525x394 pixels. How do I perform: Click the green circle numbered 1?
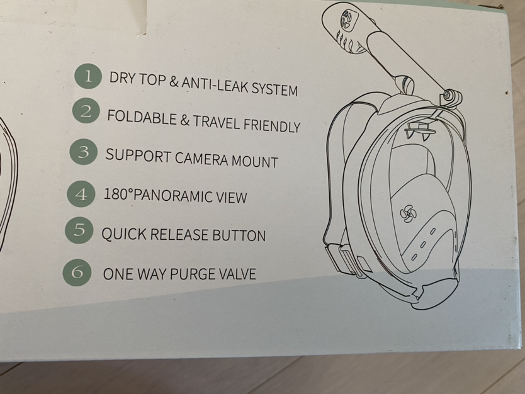89,77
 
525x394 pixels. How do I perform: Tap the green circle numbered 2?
87,113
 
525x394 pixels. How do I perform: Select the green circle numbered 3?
83,152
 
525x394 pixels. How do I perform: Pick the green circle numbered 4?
81,193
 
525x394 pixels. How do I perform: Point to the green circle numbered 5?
79,230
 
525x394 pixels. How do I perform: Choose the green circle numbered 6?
77,272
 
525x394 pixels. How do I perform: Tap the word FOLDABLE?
142,117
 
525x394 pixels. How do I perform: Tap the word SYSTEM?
274,90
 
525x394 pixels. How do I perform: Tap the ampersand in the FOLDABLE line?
185,120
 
